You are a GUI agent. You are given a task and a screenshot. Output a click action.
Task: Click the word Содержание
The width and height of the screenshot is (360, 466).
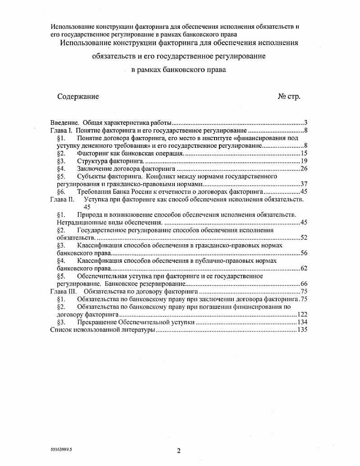(x=78, y=96)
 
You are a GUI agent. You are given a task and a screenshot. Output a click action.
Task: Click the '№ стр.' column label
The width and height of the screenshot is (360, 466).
(x=289, y=96)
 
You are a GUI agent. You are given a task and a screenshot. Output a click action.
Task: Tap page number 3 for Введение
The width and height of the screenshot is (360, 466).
(x=305, y=123)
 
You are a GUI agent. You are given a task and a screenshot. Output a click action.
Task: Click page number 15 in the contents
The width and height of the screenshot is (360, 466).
(x=303, y=154)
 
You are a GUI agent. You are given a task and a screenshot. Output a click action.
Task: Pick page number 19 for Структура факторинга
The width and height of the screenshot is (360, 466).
(x=303, y=161)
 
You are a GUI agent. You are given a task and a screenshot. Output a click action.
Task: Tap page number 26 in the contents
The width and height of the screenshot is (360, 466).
(x=303, y=169)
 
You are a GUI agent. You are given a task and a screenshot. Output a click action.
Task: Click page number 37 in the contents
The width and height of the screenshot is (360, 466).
(x=303, y=184)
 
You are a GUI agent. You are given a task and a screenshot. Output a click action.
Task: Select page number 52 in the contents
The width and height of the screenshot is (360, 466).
(x=303, y=238)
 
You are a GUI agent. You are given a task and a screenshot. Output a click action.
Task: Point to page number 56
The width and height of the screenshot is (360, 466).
(x=303, y=253)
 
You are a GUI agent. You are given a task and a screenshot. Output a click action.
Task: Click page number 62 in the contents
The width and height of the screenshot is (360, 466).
(x=303, y=269)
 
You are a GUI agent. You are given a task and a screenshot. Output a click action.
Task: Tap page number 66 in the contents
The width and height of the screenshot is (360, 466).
(x=303, y=284)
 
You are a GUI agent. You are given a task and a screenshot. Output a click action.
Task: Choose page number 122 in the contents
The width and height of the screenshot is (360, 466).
(x=301, y=315)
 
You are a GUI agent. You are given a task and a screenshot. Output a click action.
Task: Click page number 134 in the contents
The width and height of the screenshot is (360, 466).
(x=301, y=323)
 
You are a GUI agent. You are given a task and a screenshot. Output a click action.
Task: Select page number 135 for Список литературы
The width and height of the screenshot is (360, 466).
(x=301, y=330)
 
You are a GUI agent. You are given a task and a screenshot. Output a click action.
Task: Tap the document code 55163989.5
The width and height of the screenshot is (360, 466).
(x=61, y=450)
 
